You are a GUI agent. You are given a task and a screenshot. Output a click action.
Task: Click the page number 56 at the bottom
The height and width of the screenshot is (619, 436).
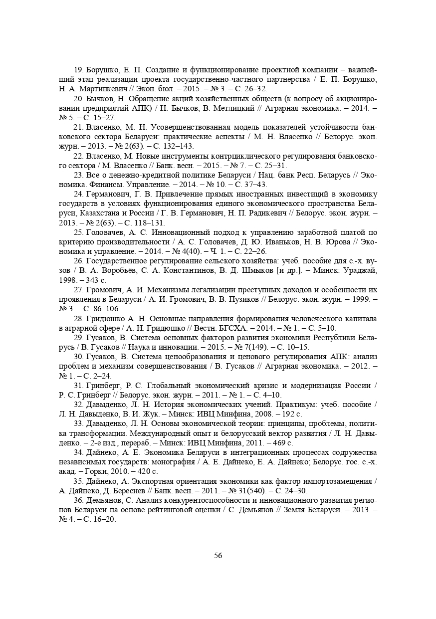coord(218,556)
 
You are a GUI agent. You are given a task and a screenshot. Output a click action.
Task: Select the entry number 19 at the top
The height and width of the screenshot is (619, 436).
coord(79,70)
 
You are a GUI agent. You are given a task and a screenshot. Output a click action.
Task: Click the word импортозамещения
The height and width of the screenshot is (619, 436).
coord(335,481)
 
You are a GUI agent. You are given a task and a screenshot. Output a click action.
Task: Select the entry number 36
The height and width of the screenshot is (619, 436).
coord(79,500)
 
